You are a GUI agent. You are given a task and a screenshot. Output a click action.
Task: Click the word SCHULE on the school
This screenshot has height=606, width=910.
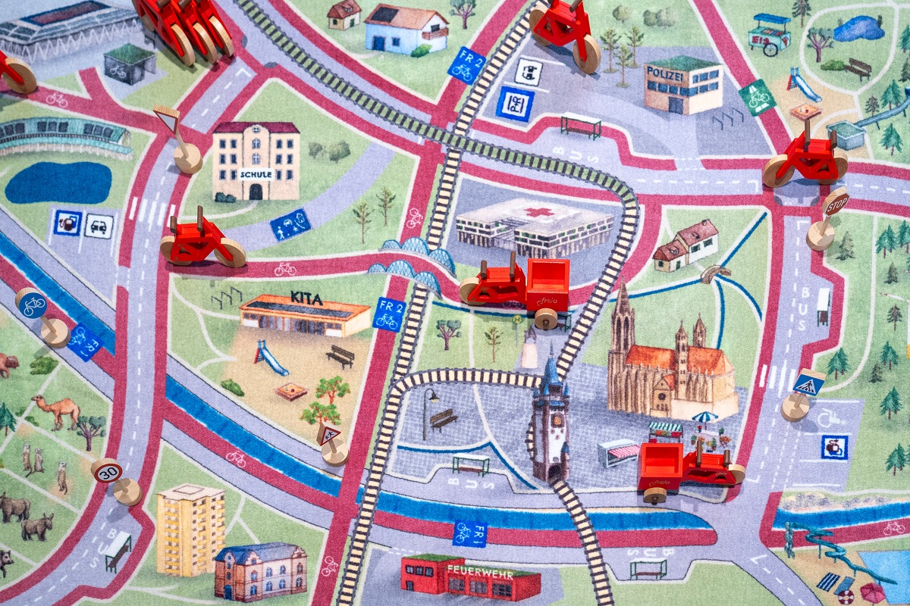[x=255, y=173]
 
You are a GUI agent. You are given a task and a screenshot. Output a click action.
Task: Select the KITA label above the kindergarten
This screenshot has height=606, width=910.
[x=306, y=299]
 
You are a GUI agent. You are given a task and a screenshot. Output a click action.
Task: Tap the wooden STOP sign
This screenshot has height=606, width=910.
[x=836, y=204]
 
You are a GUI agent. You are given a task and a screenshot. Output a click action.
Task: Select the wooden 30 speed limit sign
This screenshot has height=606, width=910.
[x=108, y=471]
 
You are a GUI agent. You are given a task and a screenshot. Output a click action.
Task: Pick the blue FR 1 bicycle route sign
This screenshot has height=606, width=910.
[x=469, y=533]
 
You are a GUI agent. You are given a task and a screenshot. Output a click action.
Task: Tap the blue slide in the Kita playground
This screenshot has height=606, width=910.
[x=271, y=358]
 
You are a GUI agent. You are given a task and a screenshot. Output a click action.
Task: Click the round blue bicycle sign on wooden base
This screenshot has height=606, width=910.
[x=32, y=303]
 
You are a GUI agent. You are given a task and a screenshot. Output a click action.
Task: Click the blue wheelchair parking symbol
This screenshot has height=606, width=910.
[x=833, y=446]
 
